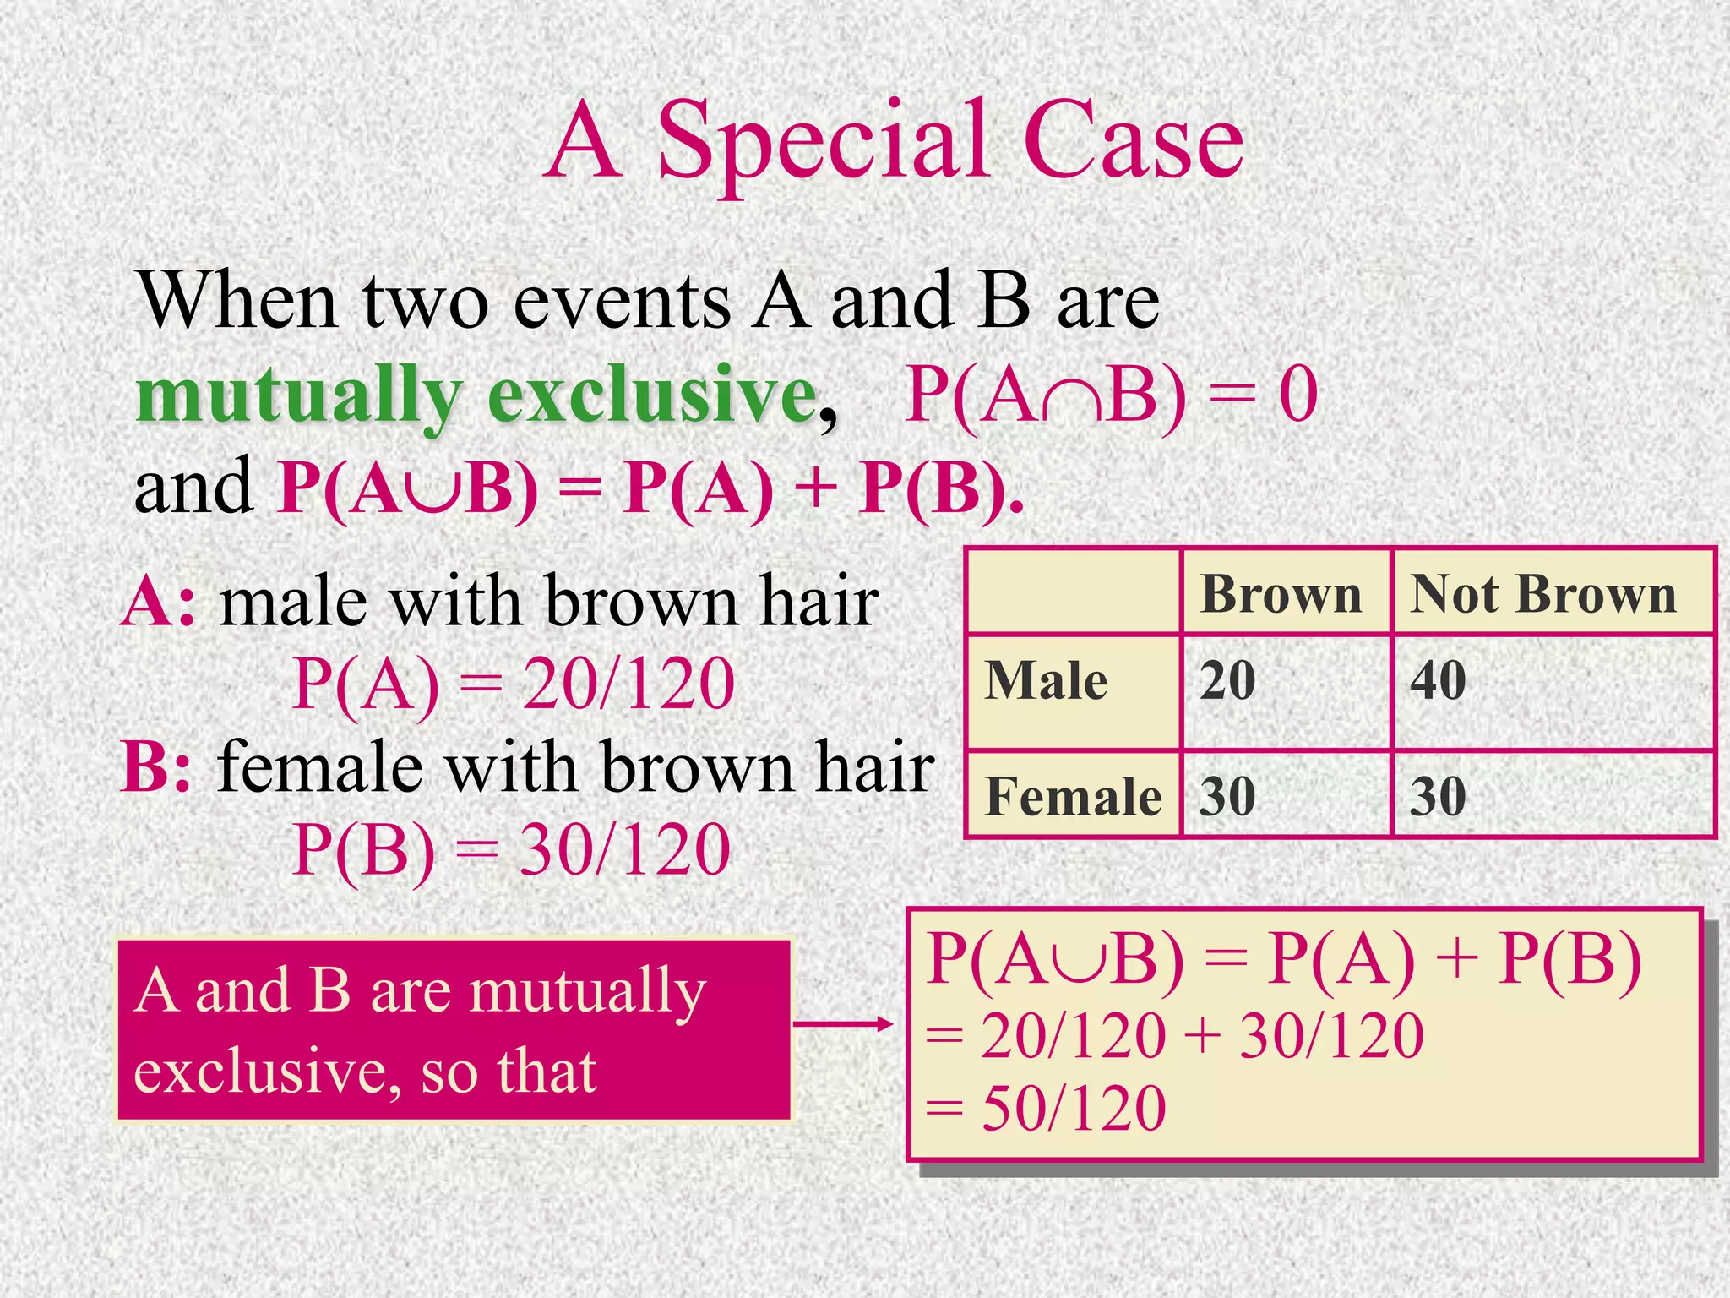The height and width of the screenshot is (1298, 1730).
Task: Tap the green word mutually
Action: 300,395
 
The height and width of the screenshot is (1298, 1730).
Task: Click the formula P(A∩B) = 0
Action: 1110,395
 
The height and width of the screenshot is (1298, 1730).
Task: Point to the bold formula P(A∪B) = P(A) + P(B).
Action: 650,488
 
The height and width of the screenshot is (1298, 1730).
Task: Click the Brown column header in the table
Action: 1281,594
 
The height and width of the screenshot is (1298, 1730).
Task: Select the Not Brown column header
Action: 1543,594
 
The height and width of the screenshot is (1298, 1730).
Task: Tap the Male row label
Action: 1046,680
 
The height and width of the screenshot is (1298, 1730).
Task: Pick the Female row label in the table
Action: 1073,796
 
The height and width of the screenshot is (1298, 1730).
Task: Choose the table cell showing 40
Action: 1438,680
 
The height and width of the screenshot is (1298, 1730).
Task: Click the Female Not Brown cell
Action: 1438,796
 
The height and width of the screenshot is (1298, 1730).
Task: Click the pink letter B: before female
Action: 156,767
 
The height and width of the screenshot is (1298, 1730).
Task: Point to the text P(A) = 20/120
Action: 513,684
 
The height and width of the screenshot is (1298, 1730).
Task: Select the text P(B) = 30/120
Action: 511,850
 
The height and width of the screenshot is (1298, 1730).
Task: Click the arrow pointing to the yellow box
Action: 842,1024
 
